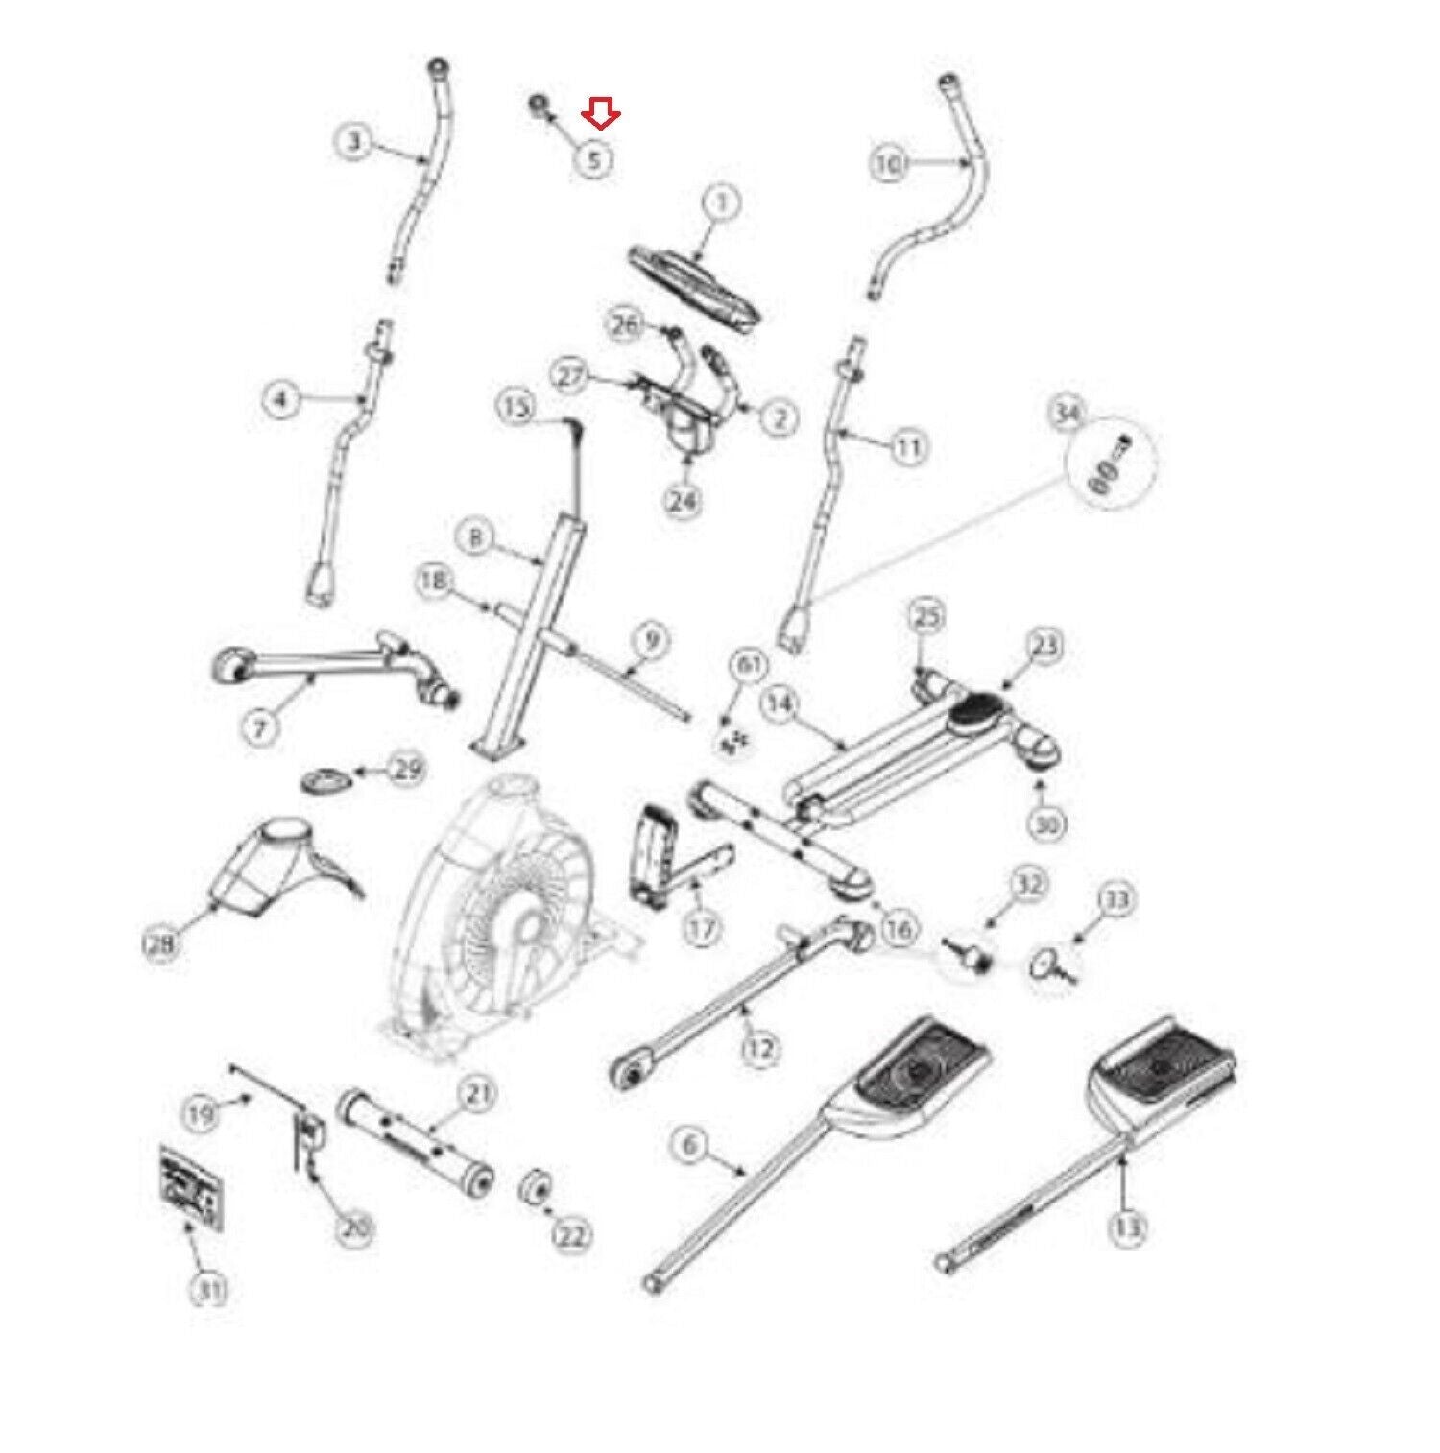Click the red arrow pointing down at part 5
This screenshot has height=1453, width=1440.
(602, 116)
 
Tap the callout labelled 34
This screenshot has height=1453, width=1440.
(1068, 414)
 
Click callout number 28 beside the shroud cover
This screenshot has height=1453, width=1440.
(160, 944)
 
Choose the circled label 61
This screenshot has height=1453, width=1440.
(750, 665)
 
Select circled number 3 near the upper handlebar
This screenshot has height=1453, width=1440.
(355, 143)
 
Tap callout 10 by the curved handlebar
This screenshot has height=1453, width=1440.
(889, 164)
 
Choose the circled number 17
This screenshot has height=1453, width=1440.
(703, 929)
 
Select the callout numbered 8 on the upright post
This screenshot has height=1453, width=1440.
(475, 538)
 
